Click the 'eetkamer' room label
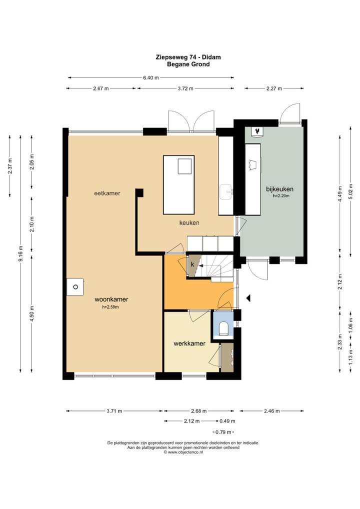[x=107, y=193]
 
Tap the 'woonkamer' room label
[x=111, y=299]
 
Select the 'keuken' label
[x=189, y=222]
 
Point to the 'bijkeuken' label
[x=280, y=189]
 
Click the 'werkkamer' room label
[x=189, y=343]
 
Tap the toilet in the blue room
[x=223, y=328]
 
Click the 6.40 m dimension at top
[x=151, y=77]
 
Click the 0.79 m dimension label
[x=223, y=432]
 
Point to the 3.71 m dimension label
[x=114, y=411]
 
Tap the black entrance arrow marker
[x=248, y=297]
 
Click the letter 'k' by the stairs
[x=192, y=264]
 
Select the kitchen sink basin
[x=226, y=192]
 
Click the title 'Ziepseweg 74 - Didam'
[x=188, y=57]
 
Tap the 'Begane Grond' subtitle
[x=188, y=64]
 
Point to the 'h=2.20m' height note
[x=281, y=195]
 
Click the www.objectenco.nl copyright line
[x=183, y=452]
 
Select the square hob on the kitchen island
[x=185, y=166]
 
